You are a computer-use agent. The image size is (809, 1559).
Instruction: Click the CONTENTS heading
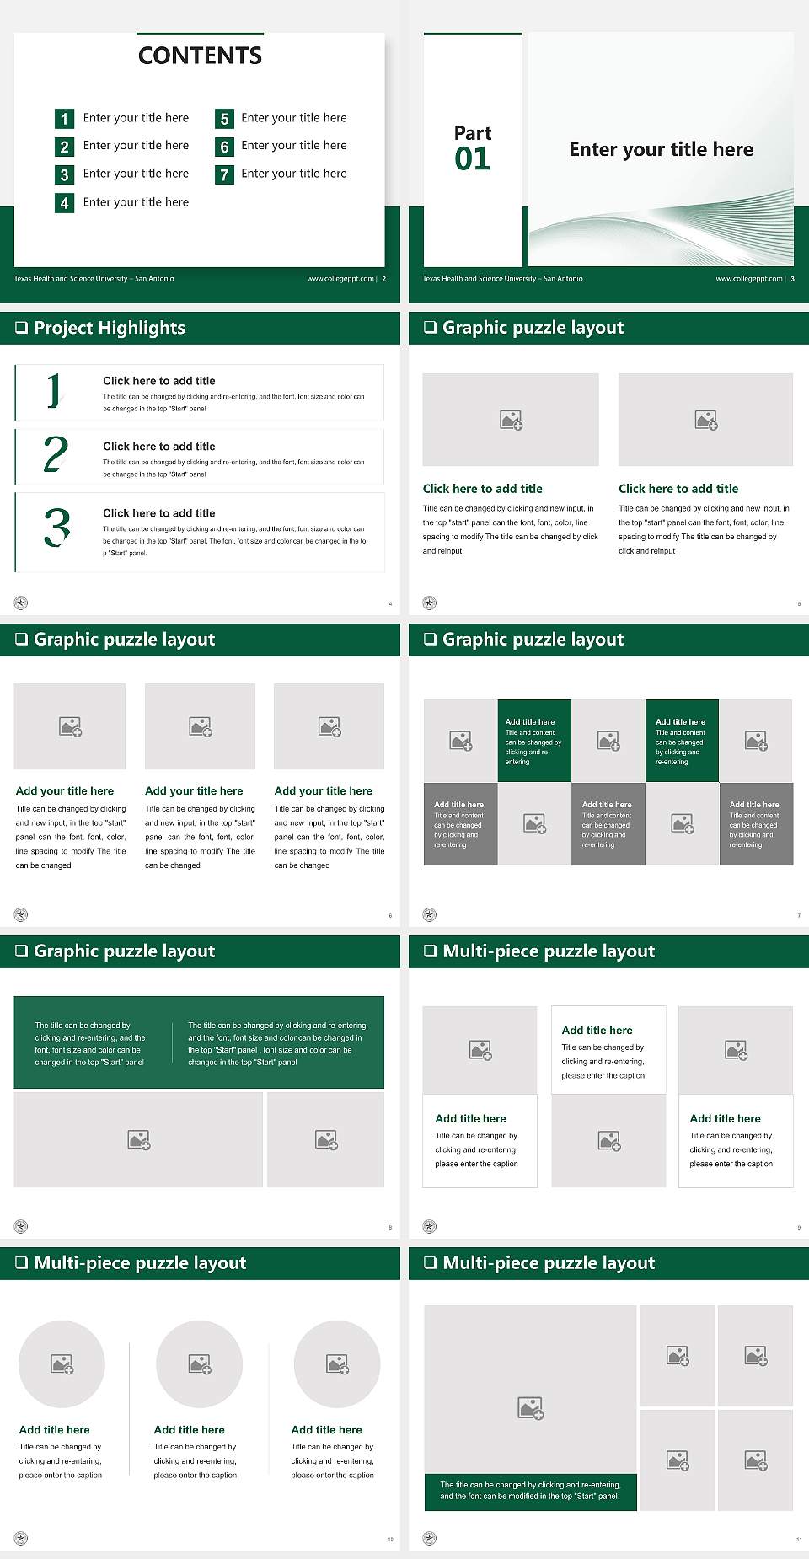pyautogui.click(x=200, y=56)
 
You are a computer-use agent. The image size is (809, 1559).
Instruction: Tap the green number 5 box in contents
pyautogui.click(x=224, y=119)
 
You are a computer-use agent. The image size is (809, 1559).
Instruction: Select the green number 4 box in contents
pyautogui.click(x=64, y=203)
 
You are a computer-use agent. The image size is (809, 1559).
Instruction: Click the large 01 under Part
pyautogui.click(x=472, y=159)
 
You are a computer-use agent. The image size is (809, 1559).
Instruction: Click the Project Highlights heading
pyautogui.click(x=109, y=328)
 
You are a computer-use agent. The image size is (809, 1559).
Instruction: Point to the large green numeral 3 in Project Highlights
pyautogui.click(x=56, y=528)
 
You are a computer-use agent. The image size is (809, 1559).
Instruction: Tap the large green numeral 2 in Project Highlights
pyautogui.click(x=56, y=454)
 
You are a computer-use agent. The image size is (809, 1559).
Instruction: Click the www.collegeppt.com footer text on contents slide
pyautogui.click(x=340, y=279)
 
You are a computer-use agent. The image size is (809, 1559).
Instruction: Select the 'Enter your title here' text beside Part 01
pyautogui.click(x=661, y=150)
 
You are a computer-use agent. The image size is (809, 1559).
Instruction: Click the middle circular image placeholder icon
pyautogui.click(x=200, y=1363)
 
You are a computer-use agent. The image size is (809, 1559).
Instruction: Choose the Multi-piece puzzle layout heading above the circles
pyautogui.click(x=140, y=1263)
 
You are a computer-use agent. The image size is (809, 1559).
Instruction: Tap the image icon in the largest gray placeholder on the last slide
pyautogui.click(x=531, y=1407)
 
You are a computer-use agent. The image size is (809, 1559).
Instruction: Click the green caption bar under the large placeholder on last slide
pyautogui.click(x=530, y=1491)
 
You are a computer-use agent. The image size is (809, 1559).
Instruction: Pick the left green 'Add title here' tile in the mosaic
pyautogui.click(x=534, y=741)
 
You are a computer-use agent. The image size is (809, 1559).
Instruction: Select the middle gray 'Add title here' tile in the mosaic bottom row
pyautogui.click(x=608, y=823)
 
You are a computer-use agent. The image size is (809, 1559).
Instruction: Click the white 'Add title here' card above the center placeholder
pyautogui.click(x=608, y=1050)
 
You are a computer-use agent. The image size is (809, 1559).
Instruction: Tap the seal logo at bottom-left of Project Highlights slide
pyautogui.click(x=21, y=603)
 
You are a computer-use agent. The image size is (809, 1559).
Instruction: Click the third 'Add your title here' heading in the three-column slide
pyautogui.click(x=323, y=791)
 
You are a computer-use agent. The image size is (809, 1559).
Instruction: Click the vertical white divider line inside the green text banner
pyautogui.click(x=173, y=1043)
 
